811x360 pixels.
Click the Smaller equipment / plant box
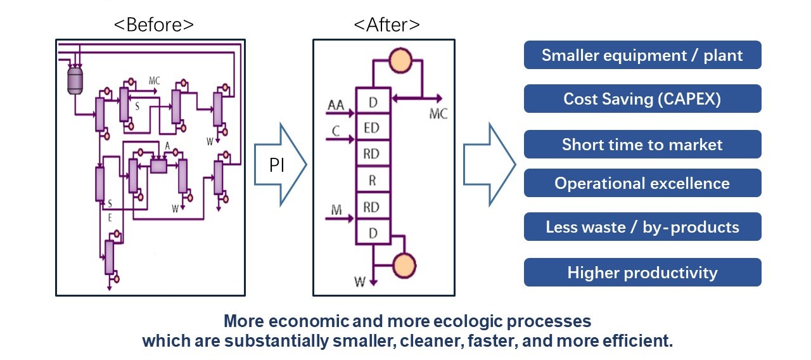click(642, 55)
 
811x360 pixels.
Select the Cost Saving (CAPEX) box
click(642, 99)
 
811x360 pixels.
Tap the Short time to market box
click(642, 145)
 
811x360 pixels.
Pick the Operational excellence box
click(642, 183)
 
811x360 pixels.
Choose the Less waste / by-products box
click(642, 227)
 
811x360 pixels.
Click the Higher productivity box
click(642, 273)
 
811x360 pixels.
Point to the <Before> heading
click(153, 25)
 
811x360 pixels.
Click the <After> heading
click(386, 25)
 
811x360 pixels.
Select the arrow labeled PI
click(279, 165)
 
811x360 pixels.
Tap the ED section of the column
click(372, 127)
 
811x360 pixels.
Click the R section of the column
click(372, 180)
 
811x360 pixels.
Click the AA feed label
click(336, 105)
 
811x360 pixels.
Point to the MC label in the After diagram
click(438, 115)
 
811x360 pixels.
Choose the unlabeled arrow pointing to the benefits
click(489, 165)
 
